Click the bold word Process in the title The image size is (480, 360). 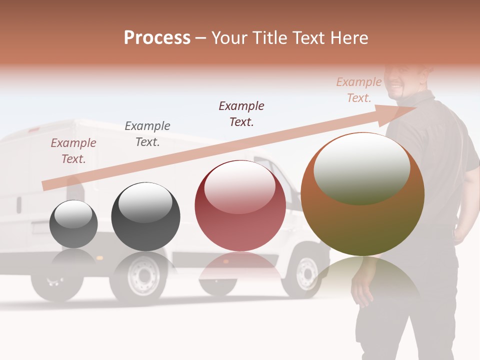(x=157, y=38)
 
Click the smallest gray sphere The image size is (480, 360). (x=73, y=224)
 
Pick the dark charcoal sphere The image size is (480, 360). (x=145, y=216)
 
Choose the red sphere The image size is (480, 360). (x=240, y=206)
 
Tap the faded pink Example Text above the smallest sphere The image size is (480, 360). (x=73, y=150)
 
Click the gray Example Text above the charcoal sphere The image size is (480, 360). (x=147, y=133)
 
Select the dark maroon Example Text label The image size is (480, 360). (x=241, y=113)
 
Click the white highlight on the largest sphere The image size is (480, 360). (x=361, y=168)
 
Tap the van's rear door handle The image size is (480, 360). (x=18, y=205)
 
